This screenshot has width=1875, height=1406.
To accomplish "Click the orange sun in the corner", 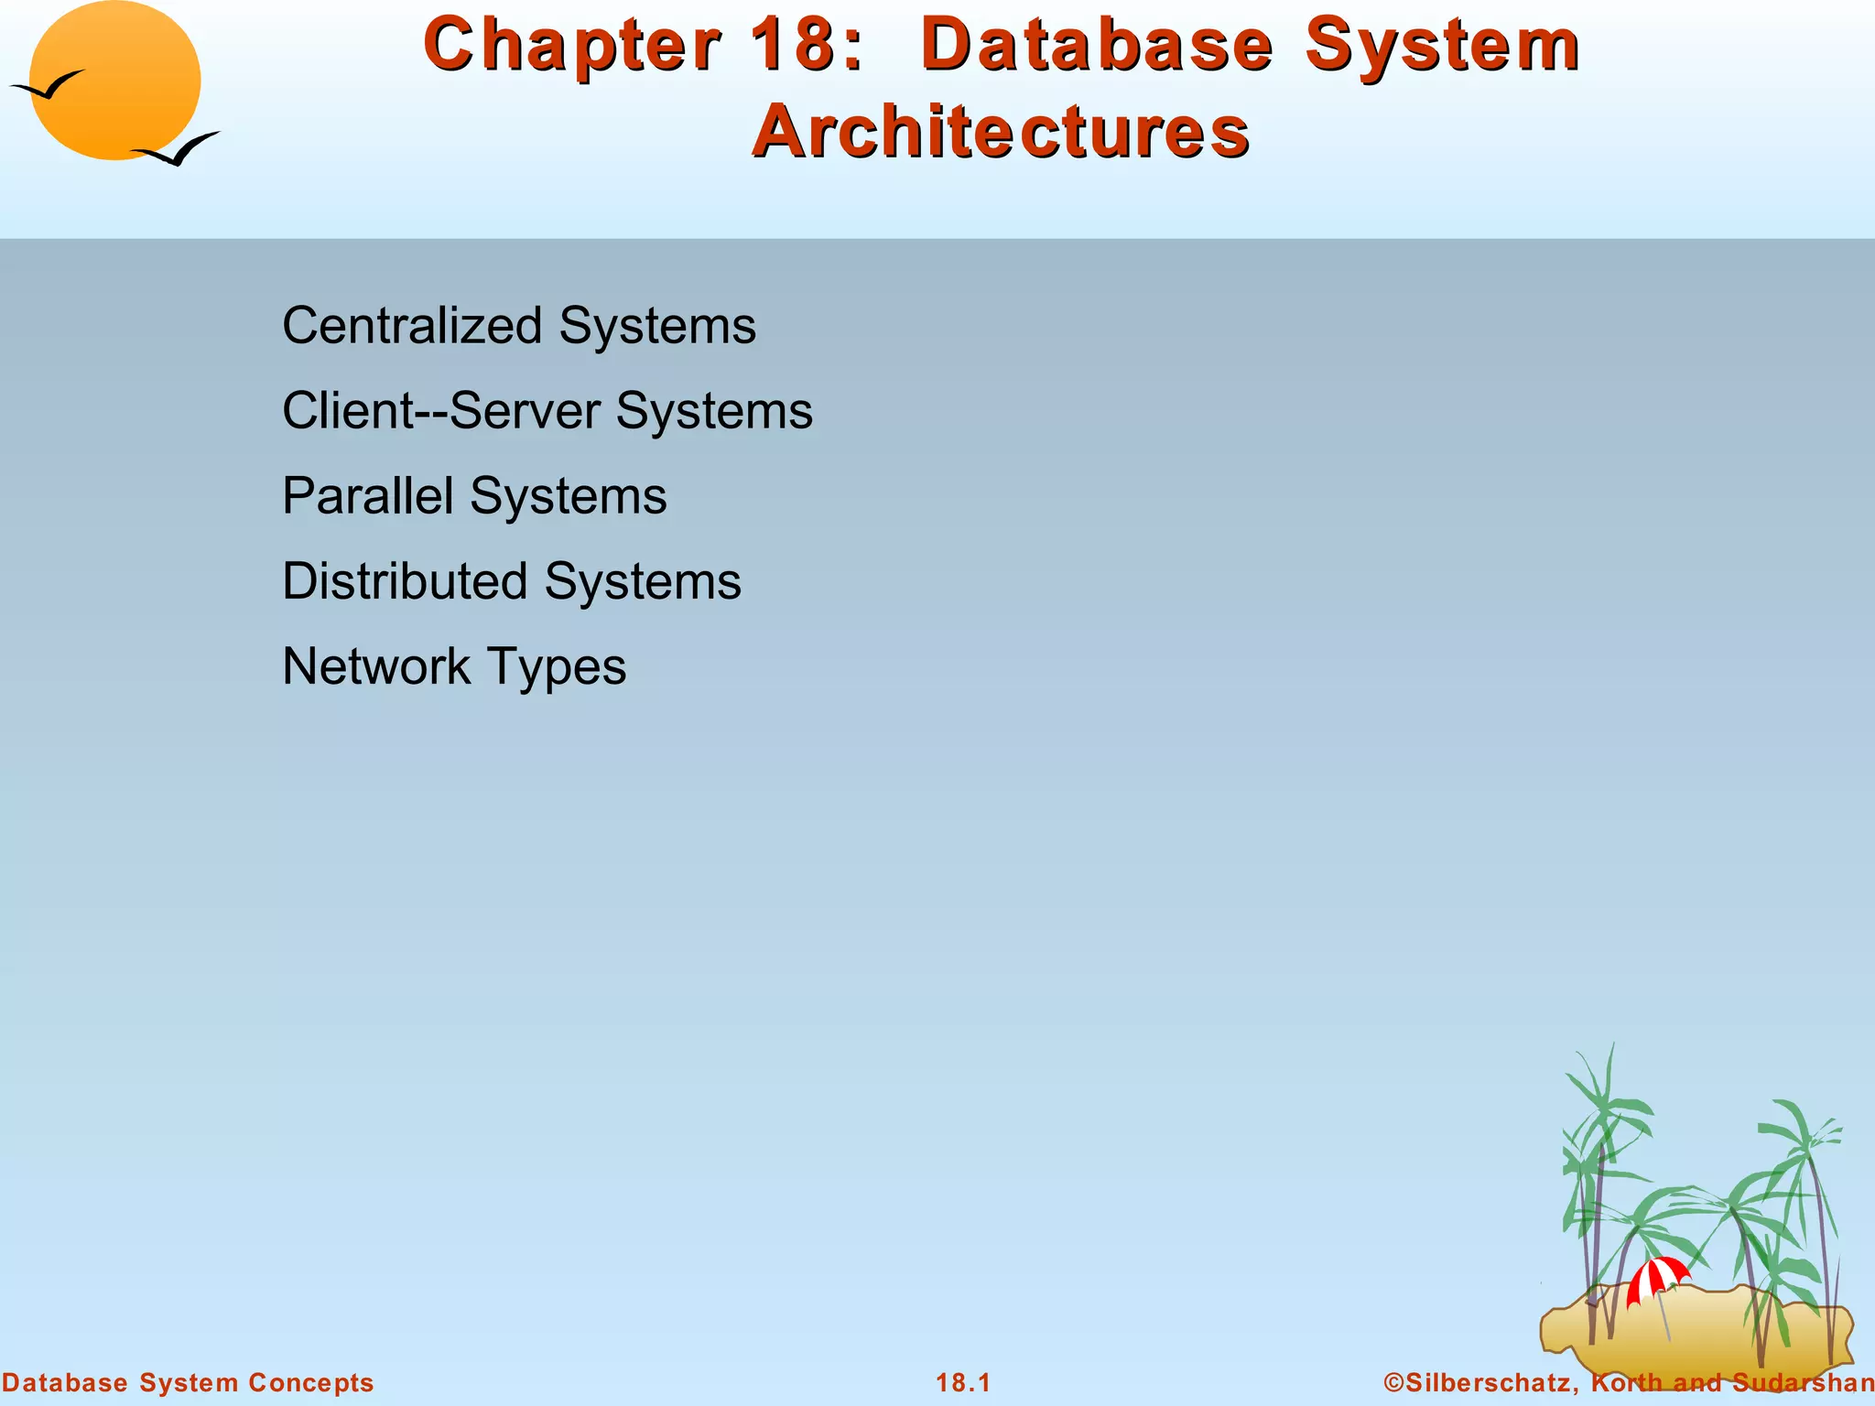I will pyautogui.click(x=115, y=81).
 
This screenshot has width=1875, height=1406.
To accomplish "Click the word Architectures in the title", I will pyautogui.click(x=1001, y=130).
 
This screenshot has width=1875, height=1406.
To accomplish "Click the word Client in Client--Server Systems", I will pyautogui.click(x=348, y=410).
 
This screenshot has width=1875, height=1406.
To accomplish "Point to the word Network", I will pyautogui.click(x=375, y=665).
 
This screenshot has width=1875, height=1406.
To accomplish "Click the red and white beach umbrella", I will pyautogui.click(x=1657, y=1278).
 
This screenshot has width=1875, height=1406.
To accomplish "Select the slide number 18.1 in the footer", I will pyautogui.click(x=963, y=1382).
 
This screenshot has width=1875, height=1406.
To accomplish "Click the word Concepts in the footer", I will pyautogui.click(x=310, y=1382).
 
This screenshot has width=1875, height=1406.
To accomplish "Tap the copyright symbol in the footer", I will pyautogui.click(x=1394, y=1382).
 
